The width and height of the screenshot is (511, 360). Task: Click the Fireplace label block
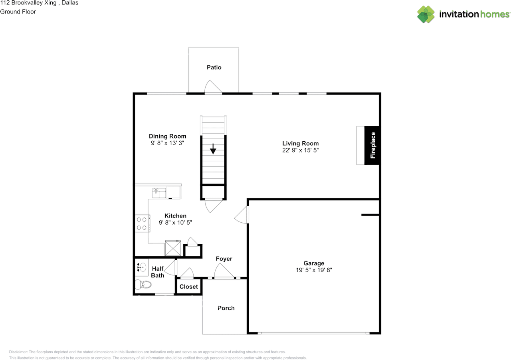tap(372, 145)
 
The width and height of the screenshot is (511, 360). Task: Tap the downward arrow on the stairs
tap(213, 149)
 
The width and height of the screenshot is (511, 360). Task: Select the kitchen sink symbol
tap(159, 193)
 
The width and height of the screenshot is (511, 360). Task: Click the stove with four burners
tap(142, 223)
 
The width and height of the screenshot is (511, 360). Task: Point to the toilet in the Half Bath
tap(143, 285)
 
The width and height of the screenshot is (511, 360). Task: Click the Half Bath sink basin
tap(141, 267)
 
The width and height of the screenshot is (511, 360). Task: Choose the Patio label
tap(214, 67)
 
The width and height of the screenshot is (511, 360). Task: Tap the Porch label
tap(226, 308)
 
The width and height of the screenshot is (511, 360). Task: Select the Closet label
tap(188, 287)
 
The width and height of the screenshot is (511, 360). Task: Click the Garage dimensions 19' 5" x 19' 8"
tap(314, 270)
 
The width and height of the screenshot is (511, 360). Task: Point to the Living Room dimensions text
tap(300, 150)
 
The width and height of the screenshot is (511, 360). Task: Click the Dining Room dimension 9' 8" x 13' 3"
tap(167, 143)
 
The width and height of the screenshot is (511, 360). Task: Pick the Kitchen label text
tap(175, 216)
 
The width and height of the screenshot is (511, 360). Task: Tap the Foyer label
tap(224, 259)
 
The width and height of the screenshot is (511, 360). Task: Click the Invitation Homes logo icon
tap(426, 14)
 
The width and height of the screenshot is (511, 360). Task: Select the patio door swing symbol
tap(213, 87)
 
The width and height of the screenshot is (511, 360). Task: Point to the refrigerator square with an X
tap(173, 248)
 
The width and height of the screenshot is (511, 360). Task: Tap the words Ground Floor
tap(18, 12)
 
